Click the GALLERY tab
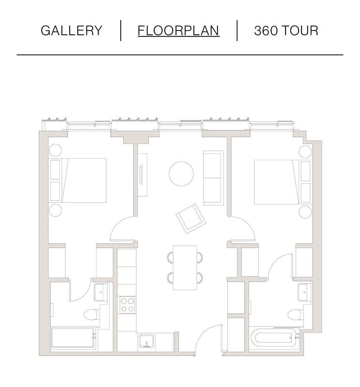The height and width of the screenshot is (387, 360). pyautogui.click(x=71, y=30)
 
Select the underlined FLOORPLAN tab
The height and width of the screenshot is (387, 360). pyautogui.click(x=178, y=30)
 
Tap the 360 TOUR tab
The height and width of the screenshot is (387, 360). pyautogui.click(x=286, y=30)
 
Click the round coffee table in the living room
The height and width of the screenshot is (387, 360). pyautogui.click(x=181, y=174)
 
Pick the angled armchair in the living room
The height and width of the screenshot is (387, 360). pyautogui.click(x=191, y=219)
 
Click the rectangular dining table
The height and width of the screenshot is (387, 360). pyautogui.click(x=185, y=268)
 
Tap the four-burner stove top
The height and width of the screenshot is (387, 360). pyautogui.click(x=128, y=305)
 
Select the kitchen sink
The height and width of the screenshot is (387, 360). pyautogui.click(x=146, y=341)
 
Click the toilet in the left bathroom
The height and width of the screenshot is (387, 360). pyautogui.click(x=92, y=315)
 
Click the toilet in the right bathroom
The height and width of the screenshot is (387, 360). pyautogui.click(x=295, y=315)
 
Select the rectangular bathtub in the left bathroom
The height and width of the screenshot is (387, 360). pyautogui.click(x=73, y=338)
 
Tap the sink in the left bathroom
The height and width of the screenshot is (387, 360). pyautogui.click(x=101, y=292)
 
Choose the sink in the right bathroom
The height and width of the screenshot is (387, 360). pyautogui.click(x=304, y=293)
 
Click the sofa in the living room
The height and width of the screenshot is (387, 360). pyautogui.click(x=214, y=178)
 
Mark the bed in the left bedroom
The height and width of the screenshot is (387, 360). pyautogui.click(x=78, y=180)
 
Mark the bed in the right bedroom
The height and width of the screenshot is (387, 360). pyautogui.click(x=283, y=182)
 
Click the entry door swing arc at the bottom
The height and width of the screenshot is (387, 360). pyautogui.click(x=203, y=332)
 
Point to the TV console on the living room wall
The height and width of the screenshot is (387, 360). pyautogui.click(x=142, y=175)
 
